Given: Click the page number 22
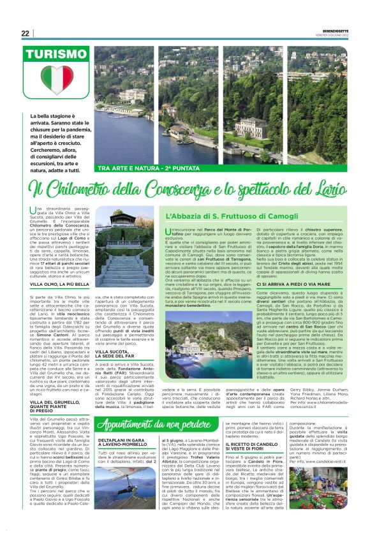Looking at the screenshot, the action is (25, 33).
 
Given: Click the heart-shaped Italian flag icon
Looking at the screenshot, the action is (57, 80).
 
